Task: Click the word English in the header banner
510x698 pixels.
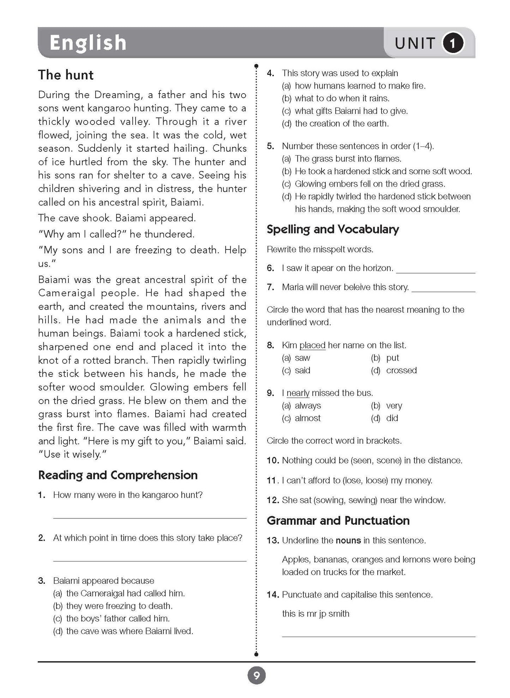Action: coord(88,43)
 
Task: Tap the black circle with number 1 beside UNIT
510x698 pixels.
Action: coord(453,43)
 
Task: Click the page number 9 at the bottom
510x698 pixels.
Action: coord(256,676)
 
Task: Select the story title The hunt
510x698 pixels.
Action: coord(66,75)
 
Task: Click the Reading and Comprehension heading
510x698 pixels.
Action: coord(118,475)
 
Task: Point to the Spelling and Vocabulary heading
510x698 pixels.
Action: coord(332,229)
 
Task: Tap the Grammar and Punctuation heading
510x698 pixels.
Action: coord(338,521)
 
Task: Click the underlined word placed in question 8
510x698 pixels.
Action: coord(312,345)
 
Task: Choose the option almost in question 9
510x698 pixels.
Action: coord(307,418)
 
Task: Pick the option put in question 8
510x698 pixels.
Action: coord(392,358)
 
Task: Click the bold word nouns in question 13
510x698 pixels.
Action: coord(348,541)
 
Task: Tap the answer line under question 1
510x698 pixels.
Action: coord(150,518)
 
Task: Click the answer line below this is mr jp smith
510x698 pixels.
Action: coord(378,636)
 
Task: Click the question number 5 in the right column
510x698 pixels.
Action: coord(270,146)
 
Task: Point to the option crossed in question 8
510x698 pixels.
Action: coord(401,371)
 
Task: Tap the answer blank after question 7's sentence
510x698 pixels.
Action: coord(443,291)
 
